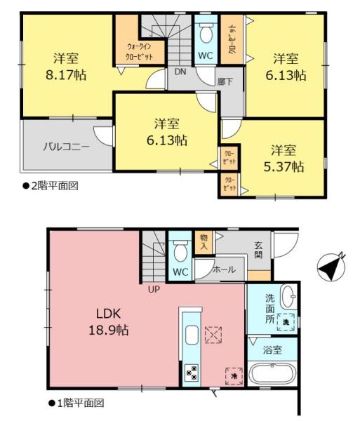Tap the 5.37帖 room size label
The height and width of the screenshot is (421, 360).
tap(288, 166)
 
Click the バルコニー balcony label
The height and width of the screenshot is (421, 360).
tap(66, 147)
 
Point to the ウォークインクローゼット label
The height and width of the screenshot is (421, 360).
tap(139, 51)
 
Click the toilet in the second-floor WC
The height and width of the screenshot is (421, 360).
tap(206, 33)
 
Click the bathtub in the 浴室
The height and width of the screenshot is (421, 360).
tap(274, 373)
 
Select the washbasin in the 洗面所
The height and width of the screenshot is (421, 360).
tap(289, 297)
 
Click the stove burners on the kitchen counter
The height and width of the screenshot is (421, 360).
tap(191, 373)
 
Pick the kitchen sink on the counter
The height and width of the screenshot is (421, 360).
tap(192, 335)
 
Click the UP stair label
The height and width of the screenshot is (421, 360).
tap(152, 288)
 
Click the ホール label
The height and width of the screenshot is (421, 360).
tap(223, 269)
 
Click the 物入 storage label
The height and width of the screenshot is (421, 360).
tap(204, 242)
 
